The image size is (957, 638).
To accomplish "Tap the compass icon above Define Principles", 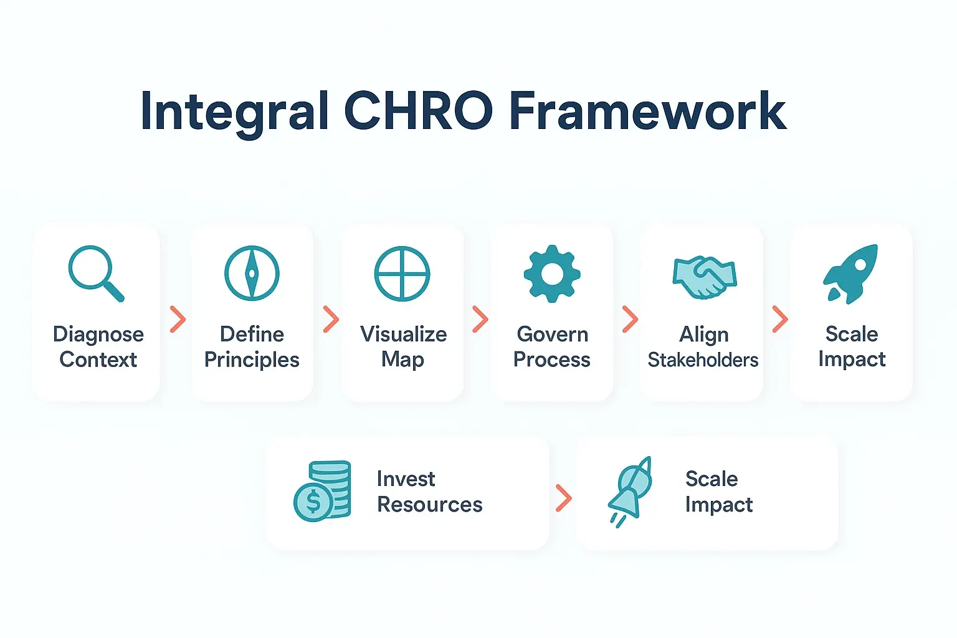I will pyautogui.click(x=252, y=273).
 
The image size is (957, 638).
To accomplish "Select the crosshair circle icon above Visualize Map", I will pyautogui.click(x=402, y=273).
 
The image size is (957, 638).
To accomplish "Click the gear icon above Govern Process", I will pyautogui.click(x=552, y=274).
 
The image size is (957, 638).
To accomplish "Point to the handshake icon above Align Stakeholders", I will pyautogui.click(x=704, y=277).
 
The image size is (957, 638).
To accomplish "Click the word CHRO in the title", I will pyautogui.click(x=418, y=112).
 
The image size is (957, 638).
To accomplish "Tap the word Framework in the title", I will pyautogui.click(x=648, y=112).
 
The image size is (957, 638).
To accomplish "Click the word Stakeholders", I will pyautogui.click(x=703, y=360).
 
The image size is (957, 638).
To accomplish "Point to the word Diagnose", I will pyautogui.click(x=98, y=335).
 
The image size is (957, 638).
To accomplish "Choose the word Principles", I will pyautogui.click(x=252, y=360).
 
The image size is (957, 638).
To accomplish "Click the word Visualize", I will pyautogui.click(x=403, y=335).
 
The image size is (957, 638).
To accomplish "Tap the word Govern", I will pyautogui.click(x=552, y=335).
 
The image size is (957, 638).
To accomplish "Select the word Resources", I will pyautogui.click(x=429, y=504).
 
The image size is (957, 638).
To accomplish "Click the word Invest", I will pyautogui.click(x=406, y=478).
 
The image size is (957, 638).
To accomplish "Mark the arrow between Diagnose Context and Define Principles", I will pyautogui.click(x=178, y=320).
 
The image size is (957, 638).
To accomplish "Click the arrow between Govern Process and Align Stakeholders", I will pyautogui.click(x=630, y=320).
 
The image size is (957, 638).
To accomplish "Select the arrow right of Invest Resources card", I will pyautogui.click(x=563, y=498).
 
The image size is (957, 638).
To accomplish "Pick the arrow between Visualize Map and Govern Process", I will pyautogui.click(x=480, y=320).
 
